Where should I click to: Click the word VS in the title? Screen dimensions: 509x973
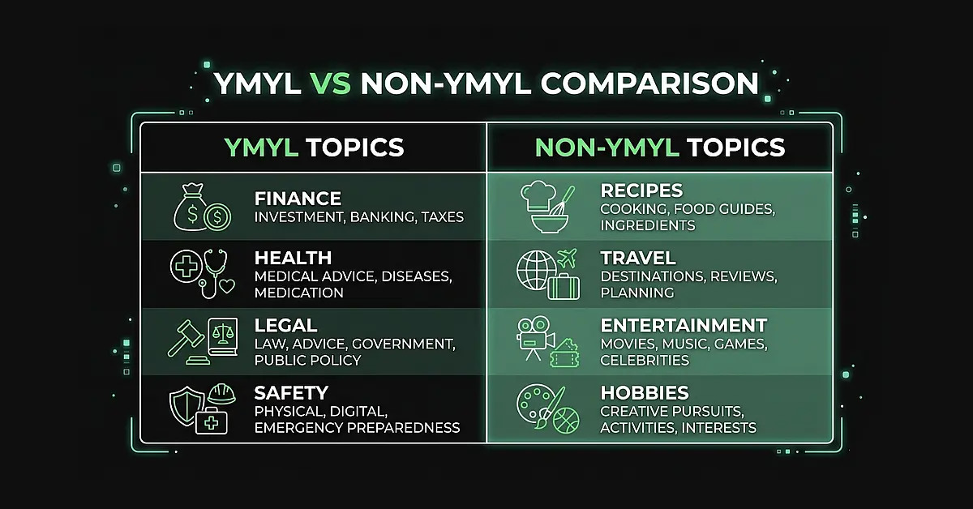330,83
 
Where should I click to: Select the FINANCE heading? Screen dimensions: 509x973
298,199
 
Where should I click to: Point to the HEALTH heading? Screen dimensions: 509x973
293,259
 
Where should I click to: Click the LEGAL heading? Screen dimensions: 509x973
285,326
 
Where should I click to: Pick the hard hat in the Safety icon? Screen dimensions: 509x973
221,393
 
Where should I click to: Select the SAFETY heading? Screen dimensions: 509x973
291,393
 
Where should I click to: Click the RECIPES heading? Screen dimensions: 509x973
641,191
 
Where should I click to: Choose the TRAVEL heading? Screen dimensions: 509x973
638,259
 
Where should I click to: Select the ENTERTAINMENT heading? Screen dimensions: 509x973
684,326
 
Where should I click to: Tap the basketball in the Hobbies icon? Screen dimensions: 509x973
565,419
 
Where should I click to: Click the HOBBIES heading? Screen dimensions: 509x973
645,393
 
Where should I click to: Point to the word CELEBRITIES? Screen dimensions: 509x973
645,360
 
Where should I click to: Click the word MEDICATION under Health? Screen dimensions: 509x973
299,293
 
